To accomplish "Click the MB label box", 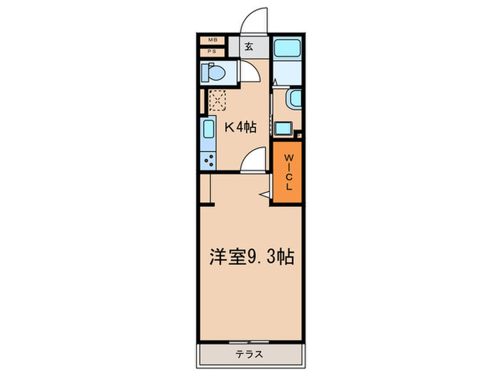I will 212,41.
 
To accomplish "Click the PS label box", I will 212,52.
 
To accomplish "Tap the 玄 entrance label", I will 247,47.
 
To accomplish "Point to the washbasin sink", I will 293,100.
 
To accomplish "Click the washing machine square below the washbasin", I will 283,129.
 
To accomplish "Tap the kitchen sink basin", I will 209,131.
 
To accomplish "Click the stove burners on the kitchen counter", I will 209,160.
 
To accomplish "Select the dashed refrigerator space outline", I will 217,100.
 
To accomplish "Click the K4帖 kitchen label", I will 240,127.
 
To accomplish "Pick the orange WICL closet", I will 287,173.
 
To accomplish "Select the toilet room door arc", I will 250,72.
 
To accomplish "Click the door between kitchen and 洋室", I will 253,163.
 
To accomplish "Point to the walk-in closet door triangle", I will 264,192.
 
